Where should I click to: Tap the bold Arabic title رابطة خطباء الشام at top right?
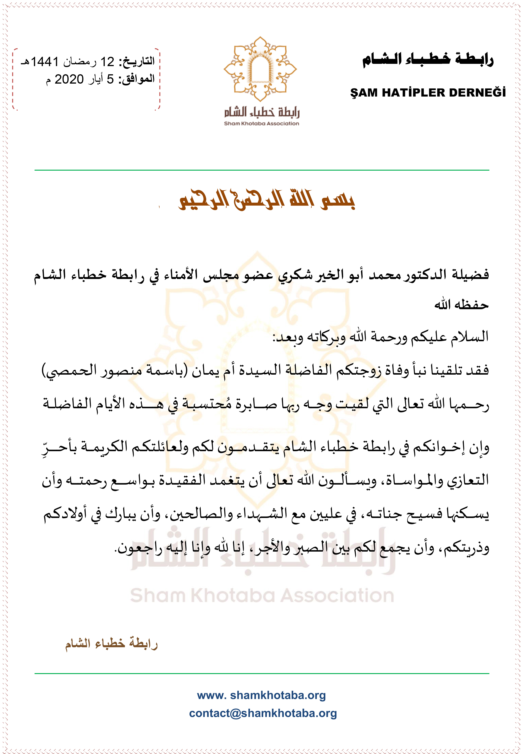(428, 60)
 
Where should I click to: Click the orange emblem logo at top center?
(260, 69)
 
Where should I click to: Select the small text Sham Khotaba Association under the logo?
(261, 124)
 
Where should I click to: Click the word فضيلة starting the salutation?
(470, 274)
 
